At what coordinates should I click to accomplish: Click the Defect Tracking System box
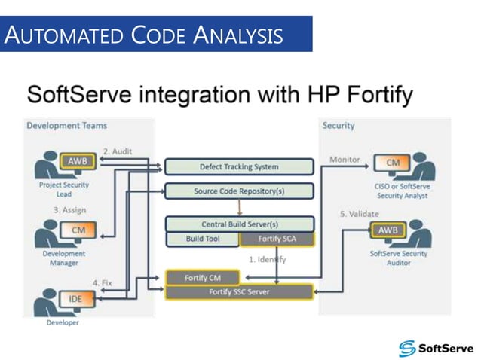pyautogui.click(x=239, y=166)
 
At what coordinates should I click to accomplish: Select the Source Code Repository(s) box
pyautogui.click(x=239, y=191)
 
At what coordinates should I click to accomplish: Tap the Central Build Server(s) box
pyautogui.click(x=239, y=224)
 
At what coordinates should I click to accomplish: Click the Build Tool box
pyautogui.click(x=201, y=239)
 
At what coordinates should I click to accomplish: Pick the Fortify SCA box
pyautogui.click(x=276, y=239)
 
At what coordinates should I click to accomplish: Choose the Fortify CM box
pyautogui.click(x=202, y=278)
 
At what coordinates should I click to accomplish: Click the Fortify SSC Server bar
pyautogui.click(x=239, y=291)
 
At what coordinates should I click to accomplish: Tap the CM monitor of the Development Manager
pyautogui.click(x=78, y=230)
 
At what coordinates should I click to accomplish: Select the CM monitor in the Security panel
pyautogui.click(x=393, y=163)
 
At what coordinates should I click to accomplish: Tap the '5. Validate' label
pyautogui.click(x=359, y=214)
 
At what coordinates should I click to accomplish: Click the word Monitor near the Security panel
pyautogui.click(x=345, y=160)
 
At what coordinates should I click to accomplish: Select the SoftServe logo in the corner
pyautogui.click(x=436, y=347)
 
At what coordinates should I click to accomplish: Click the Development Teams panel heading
pyautogui.click(x=67, y=125)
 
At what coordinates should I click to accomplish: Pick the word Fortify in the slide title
pyautogui.click(x=372, y=96)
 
